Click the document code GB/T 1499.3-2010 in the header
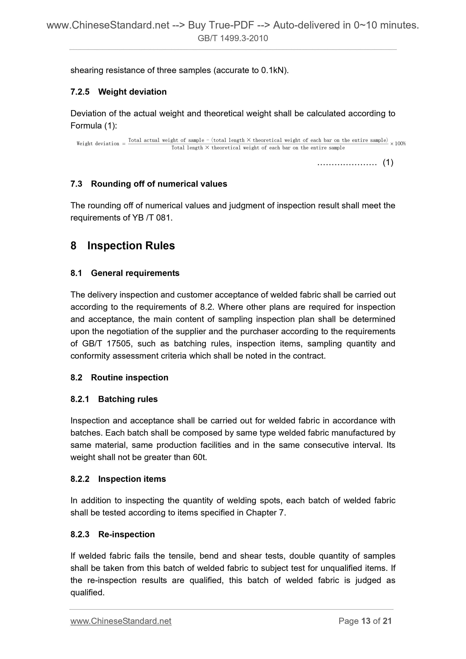coord(233,38)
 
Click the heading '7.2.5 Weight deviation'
coord(118,92)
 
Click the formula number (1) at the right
coord(388,163)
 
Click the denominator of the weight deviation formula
coord(258,148)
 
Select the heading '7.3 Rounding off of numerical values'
coord(149,184)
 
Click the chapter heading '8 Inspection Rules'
coord(123,246)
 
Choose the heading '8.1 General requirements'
coord(125,273)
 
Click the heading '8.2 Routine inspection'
coord(119,377)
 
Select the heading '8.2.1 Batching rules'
coord(114,399)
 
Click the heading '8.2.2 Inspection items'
coord(118,479)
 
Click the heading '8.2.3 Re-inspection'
coord(113,535)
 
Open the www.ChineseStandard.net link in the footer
coord(121,621)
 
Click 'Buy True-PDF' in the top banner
coord(221,26)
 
